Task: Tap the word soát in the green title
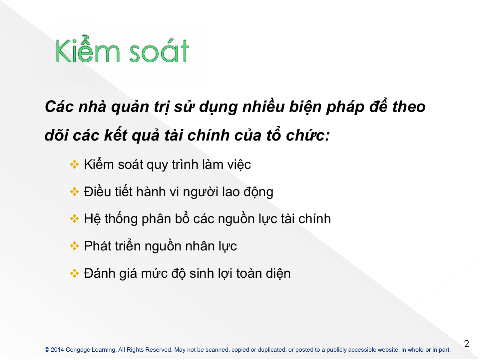(160, 51)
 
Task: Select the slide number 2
(466, 344)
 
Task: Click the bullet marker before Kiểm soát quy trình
(75, 165)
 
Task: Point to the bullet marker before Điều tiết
(75, 192)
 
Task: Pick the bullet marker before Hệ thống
(75, 218)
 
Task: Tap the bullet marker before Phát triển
(75, 246)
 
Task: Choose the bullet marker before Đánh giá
(75, 273)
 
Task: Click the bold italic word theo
(409, 107)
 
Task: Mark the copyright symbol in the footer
(47, 350)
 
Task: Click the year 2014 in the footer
(57, 350)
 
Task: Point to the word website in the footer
(388, 350)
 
